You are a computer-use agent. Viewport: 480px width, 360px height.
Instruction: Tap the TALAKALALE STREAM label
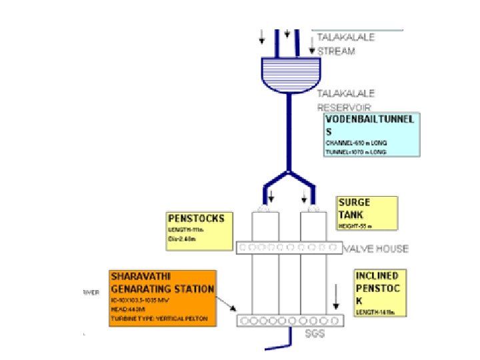345,44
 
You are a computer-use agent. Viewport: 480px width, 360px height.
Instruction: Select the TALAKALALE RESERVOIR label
345,100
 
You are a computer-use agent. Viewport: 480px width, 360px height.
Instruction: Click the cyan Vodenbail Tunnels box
371,135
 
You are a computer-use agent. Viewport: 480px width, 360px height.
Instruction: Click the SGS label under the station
314,333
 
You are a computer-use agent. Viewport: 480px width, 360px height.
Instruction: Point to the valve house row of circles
289,248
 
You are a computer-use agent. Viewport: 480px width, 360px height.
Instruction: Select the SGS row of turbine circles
291,321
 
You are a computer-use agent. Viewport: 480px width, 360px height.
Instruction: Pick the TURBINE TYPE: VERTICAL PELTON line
159,319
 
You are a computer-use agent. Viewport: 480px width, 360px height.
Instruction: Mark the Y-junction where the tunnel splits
287,174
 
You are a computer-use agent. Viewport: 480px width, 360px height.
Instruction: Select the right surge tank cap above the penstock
311,209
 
